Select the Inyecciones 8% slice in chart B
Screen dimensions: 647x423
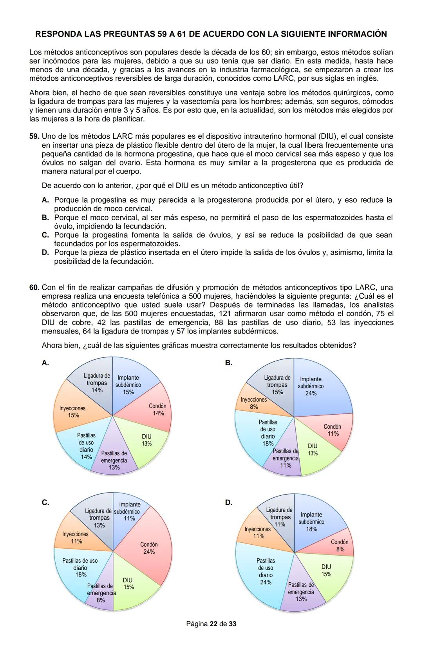(253, 404)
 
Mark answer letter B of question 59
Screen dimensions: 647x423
(45, 217)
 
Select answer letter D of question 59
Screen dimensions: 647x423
(45, 252)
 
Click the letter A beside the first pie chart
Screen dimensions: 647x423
(45, 363)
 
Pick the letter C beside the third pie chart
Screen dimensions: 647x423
(45, 503)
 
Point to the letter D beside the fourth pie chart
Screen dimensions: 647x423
(228, 503)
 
